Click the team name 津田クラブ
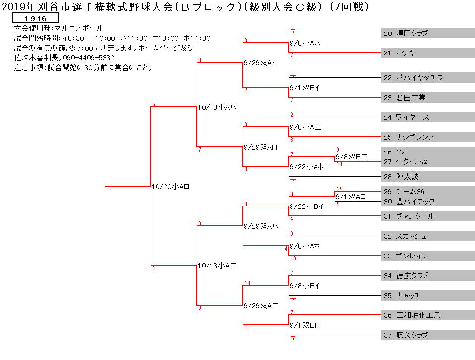pos(412,33)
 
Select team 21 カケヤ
pos(400,53)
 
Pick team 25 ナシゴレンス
pos(409,137)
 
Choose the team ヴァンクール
pos(416,216)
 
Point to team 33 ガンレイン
pos(406,256)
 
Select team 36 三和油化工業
pos(412,315)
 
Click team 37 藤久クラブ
pos(406,335)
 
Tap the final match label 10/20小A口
pos(170,187)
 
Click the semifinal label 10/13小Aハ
pos(217,107)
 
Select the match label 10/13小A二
pos(217,266)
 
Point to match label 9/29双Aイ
pos(261,63)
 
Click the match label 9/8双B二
pos(352,157)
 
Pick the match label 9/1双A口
pos(351,197)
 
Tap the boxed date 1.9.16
pos(35,18)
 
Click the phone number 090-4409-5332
pos(89,58)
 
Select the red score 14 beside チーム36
pos(339,189)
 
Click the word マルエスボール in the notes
pos(79,28)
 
